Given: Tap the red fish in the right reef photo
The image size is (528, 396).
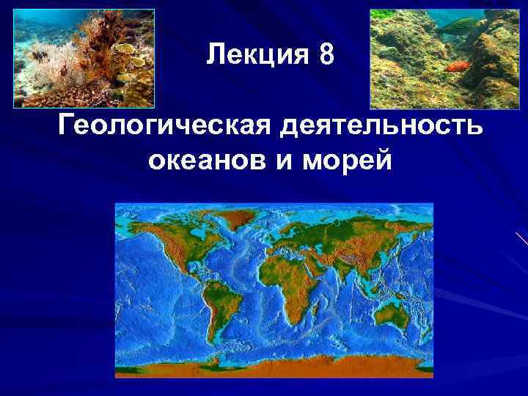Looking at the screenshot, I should point(456,67).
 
